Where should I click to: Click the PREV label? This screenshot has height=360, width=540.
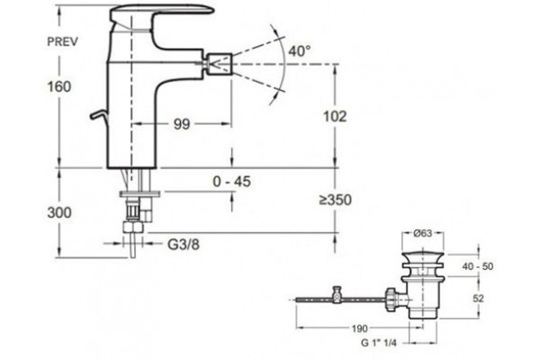[62, 41]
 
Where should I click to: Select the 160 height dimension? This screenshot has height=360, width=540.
[59, 86]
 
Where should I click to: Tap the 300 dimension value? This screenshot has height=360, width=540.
[59, 212]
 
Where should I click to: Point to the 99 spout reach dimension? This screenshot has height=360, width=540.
[182, 124]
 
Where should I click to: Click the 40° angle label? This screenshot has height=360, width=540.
[300, 51]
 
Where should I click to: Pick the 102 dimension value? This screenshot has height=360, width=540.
[335, 116]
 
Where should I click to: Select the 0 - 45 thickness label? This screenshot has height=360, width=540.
[232, 182]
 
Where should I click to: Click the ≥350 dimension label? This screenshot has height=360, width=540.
[335, 200]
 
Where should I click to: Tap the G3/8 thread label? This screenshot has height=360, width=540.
[184, 245]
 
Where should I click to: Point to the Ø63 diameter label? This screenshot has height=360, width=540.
[422, 233]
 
